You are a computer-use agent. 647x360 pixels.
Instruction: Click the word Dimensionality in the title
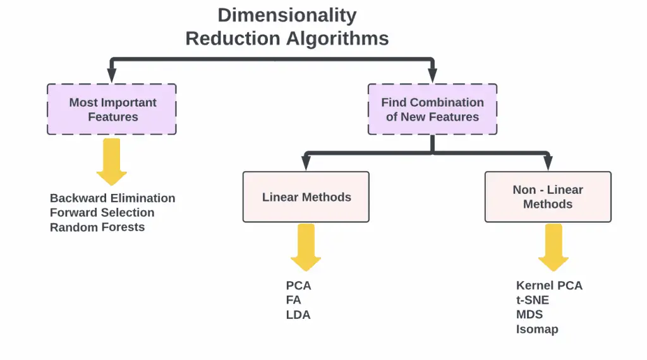287,15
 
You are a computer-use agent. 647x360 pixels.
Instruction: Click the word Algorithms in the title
338,39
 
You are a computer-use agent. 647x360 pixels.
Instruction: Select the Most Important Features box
112,109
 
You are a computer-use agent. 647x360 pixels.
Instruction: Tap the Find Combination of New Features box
432,109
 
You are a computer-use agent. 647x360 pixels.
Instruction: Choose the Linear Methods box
306,197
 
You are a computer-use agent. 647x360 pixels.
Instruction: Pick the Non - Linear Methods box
548,197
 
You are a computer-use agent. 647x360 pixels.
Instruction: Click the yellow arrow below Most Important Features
112,161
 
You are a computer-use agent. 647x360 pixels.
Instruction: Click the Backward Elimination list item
112,198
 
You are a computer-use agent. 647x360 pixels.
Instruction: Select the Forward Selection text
102,213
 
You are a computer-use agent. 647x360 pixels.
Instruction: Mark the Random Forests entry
97,227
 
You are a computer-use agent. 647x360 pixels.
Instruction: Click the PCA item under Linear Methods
298,286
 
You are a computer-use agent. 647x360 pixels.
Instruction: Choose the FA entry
293,301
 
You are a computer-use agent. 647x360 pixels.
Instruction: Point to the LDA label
298,315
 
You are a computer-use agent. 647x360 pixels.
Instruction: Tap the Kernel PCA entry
549,286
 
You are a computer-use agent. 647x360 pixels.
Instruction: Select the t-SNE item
533,301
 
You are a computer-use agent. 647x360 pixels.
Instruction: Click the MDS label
529,315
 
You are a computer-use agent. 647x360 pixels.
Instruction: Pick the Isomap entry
537,330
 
